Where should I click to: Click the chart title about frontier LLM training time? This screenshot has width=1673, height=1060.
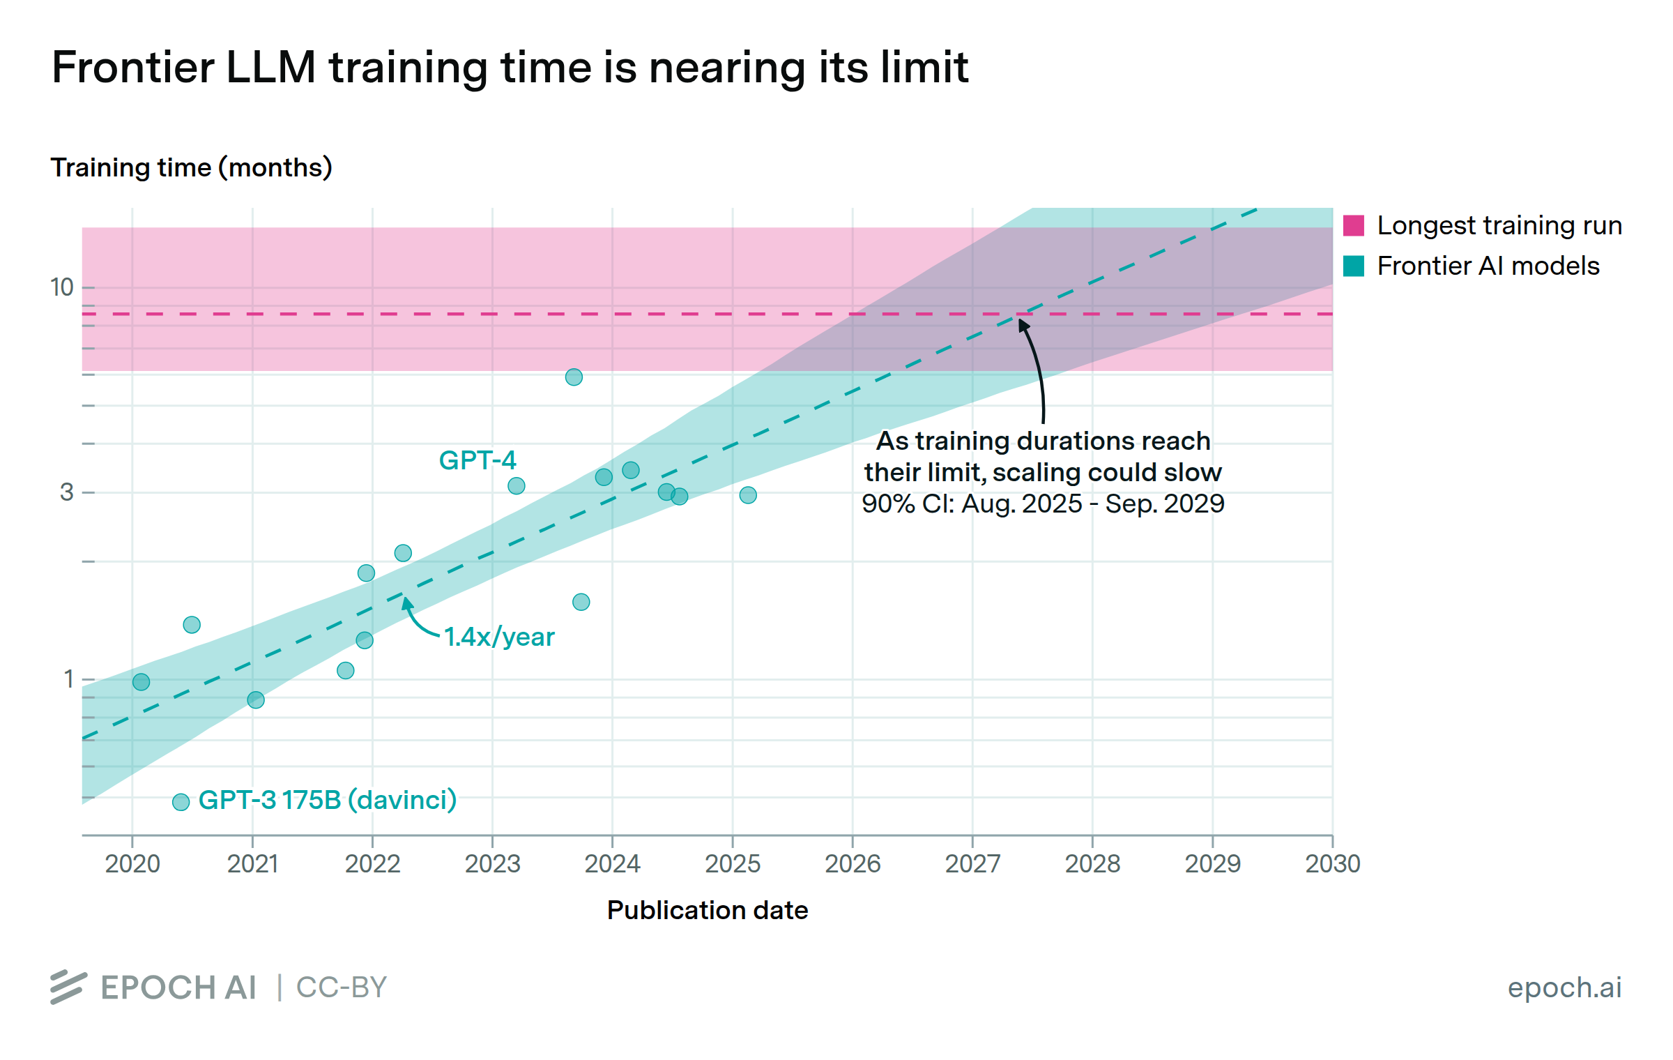coord(510,68)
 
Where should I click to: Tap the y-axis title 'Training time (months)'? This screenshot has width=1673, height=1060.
coord(191,168)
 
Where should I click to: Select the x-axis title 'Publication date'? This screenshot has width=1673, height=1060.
coord(707,910)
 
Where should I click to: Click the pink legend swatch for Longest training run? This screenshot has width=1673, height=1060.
coord(1353,226)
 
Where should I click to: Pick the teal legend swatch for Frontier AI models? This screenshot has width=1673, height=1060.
coord(1353,266)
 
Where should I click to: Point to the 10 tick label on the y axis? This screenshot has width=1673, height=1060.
coord(62,287)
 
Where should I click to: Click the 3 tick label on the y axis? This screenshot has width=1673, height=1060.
coord(67,492)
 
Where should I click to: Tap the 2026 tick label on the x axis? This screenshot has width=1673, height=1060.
coord(852,864)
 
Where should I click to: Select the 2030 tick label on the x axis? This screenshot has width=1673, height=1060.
coord(1332,864)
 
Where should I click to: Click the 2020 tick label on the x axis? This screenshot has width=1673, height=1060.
coord(132,864)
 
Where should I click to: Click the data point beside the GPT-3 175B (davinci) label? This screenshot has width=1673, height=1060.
coord(181,802)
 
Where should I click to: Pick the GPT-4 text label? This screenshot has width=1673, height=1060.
coord(478,460)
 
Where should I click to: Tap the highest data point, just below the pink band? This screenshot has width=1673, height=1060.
coord(574,377)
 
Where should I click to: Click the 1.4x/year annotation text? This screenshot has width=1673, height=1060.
coord(499,637)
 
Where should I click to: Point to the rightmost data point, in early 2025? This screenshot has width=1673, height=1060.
coord(748,495)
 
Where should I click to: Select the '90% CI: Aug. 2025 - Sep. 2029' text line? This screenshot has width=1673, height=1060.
coord(1043,503)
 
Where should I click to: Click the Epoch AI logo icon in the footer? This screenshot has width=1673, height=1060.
coord(68,987)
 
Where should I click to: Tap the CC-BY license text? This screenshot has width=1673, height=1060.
coord(342,987)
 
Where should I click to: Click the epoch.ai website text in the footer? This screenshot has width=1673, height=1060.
coord(1564,987)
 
